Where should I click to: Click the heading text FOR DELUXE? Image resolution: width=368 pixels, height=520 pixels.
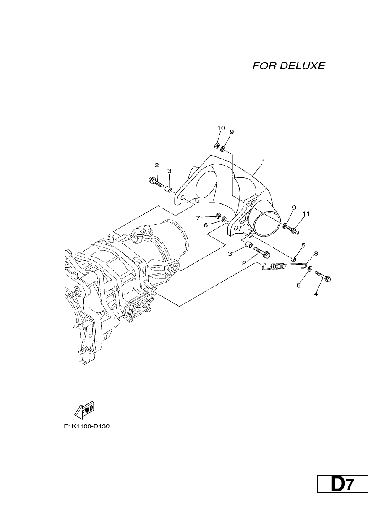(x=289, y=66)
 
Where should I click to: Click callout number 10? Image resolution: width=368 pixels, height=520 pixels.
(x=221, y=128)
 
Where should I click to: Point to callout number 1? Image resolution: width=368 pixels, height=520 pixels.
(x=263, y=161)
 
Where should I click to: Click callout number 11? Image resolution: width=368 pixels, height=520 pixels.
(x=306, y=213)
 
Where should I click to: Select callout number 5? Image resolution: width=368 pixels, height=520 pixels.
(x=303, y=245)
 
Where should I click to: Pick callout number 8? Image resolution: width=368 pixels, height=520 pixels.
(x=316, y=253)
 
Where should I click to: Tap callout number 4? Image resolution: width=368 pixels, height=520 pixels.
(x=316, y=294)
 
